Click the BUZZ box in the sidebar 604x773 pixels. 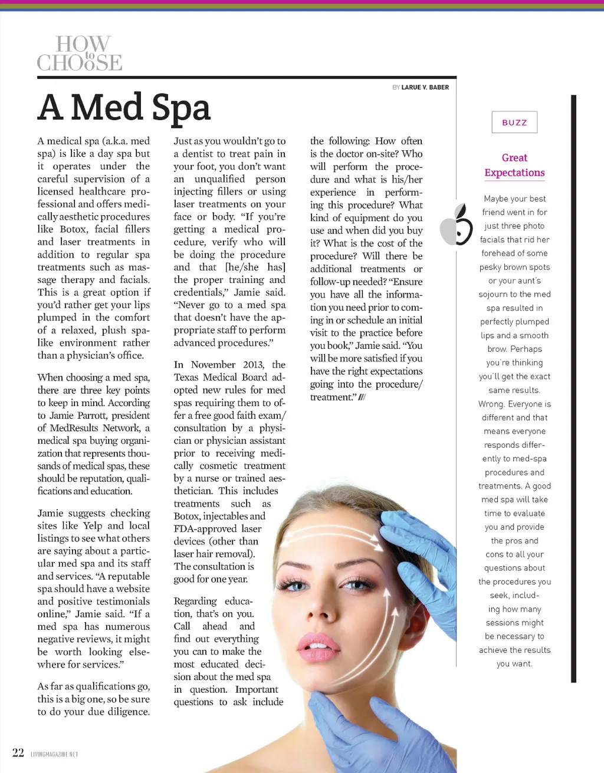tap(514, 123)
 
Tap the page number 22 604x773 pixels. tap(18, 752)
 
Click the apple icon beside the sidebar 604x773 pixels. tap(457, 225)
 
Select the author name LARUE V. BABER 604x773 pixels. tap(425, 87)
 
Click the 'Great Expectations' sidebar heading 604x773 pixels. tap(514, 165)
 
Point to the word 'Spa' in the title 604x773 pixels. tap(180, 108)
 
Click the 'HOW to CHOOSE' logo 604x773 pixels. tap(80, 53)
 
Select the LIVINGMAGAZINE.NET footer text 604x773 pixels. tap(54, 754)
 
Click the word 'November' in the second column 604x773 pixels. tap(218, 365)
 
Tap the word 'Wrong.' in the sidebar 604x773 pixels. tap(491, 404)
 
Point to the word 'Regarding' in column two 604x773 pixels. tap(195, 601)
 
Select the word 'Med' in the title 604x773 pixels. tap(106, 108)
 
